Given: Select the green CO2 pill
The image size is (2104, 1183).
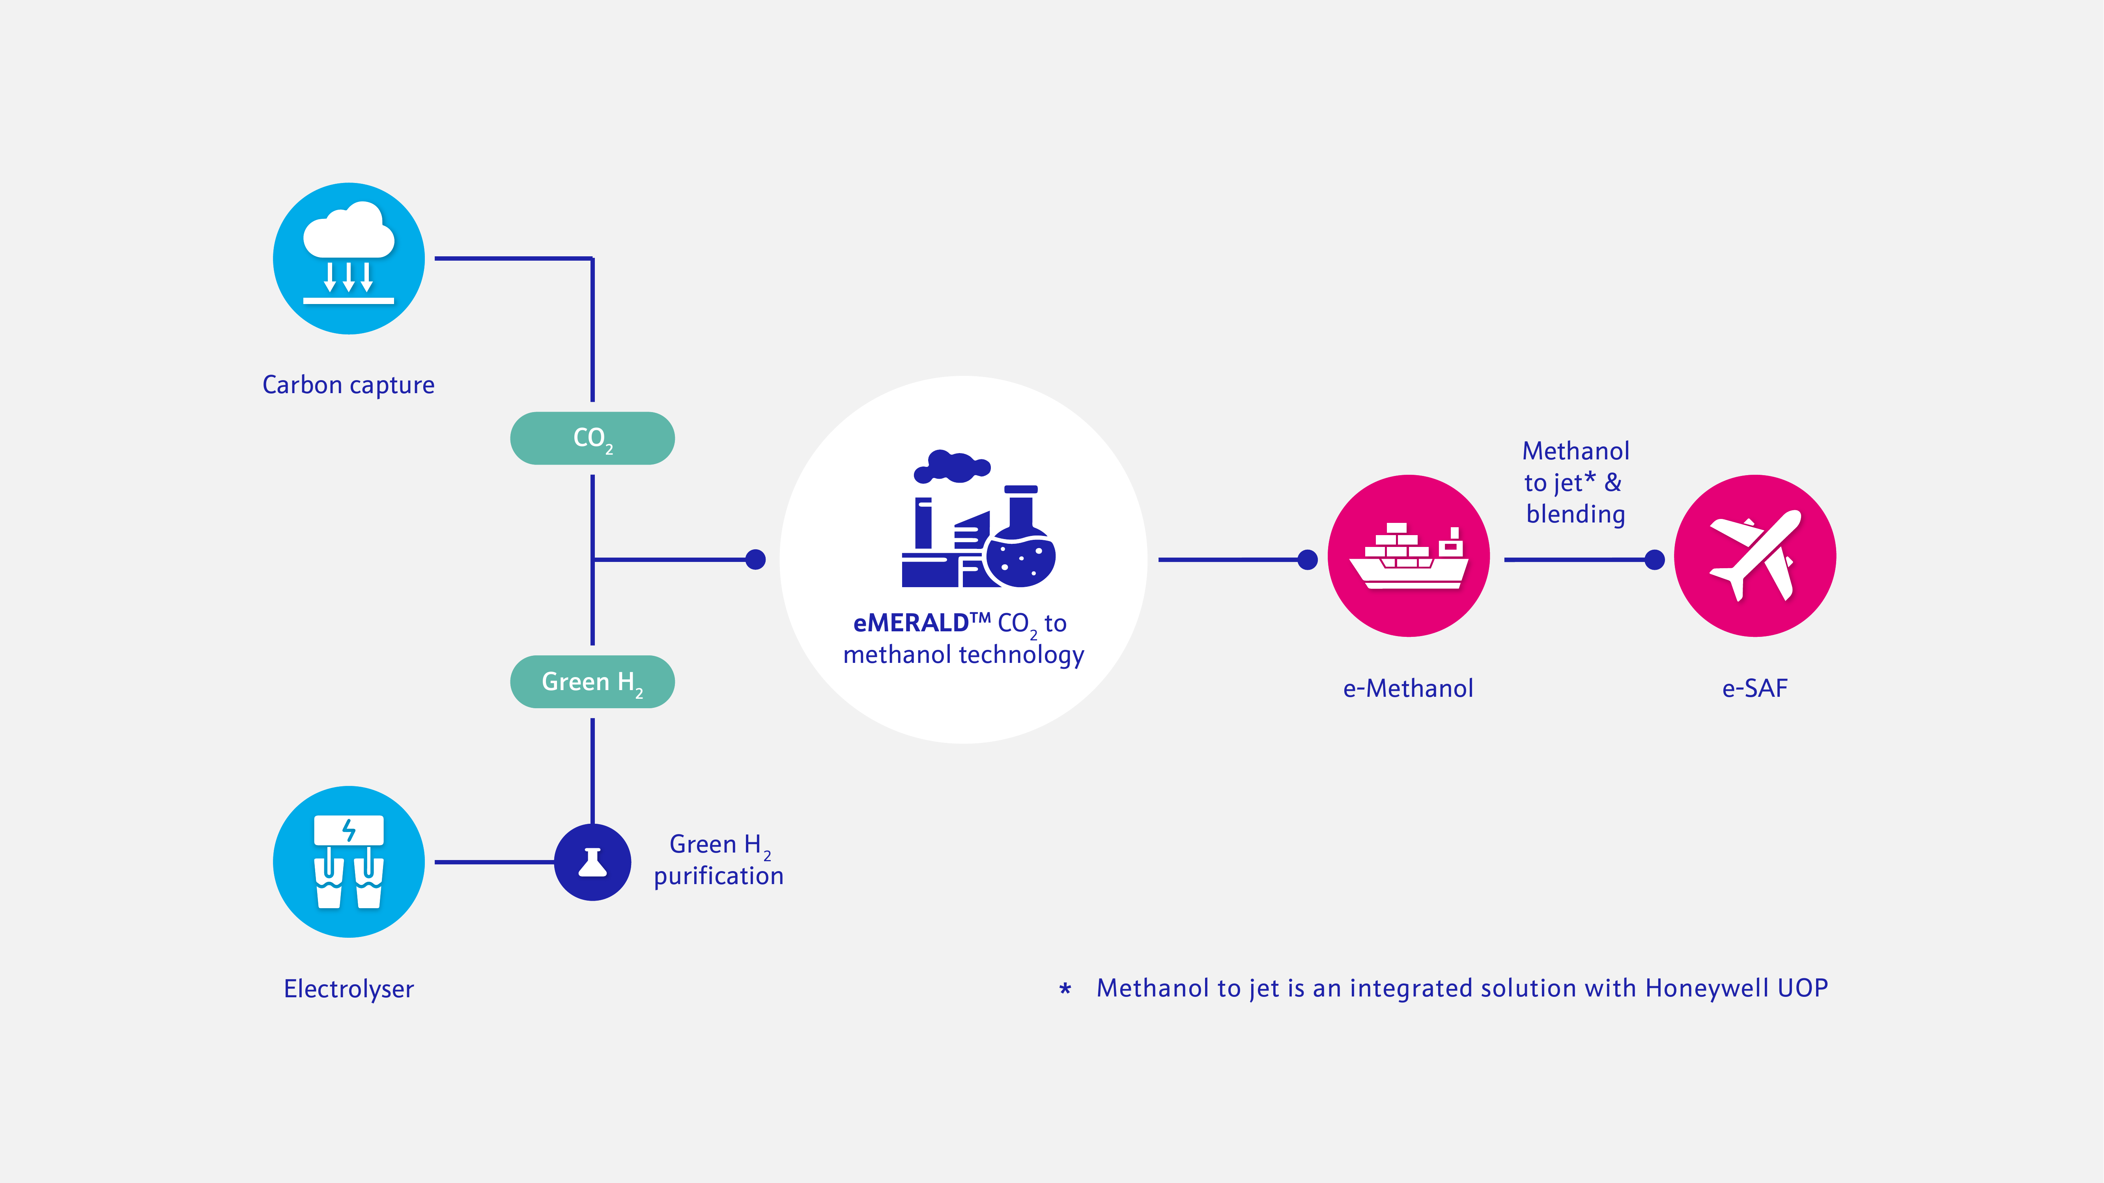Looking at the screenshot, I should tap(592, 438).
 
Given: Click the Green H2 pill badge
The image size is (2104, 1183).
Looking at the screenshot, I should tap(592, 682).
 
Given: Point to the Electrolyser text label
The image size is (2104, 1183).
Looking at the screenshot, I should tap(349, 989).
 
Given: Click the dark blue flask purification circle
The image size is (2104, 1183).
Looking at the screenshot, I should tap(592, 862).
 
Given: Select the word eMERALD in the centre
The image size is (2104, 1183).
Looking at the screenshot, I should tap(911, 623).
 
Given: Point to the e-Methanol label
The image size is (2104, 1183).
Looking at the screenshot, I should tap(1408, 688).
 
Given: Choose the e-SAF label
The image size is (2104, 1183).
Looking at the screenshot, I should tap(1755, 688).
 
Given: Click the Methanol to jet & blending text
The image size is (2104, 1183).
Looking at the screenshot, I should tap(1575, 483).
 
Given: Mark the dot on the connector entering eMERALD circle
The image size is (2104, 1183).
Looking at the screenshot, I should tap(755, 559).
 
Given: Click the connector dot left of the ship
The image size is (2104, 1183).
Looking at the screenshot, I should tap(1308, 559).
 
